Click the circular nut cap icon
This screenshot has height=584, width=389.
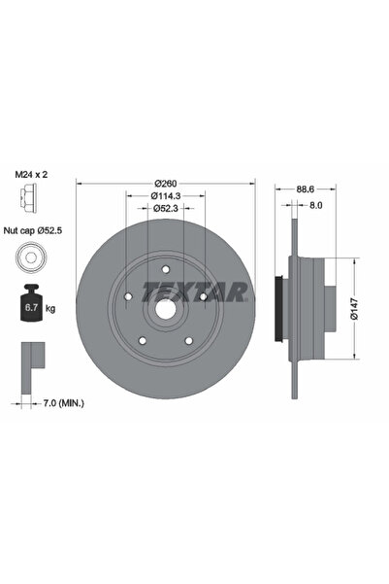(31, 259)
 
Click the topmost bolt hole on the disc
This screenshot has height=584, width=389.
(166, 269)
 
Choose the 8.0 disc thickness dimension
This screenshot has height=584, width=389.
(315, 205)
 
